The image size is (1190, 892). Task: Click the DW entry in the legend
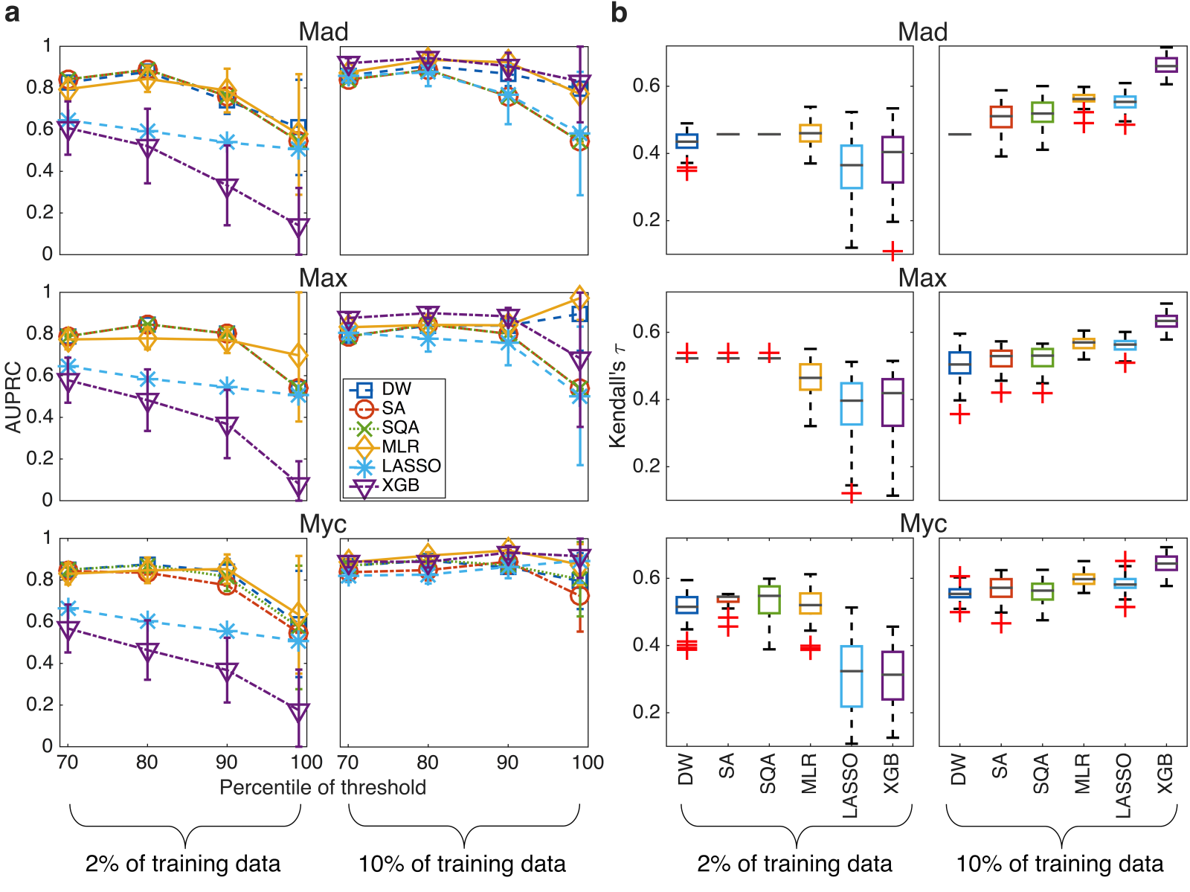(x=396, y=389)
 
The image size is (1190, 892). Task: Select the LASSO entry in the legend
(x=411, y=466)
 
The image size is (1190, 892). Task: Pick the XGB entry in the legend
(x=400, y=486)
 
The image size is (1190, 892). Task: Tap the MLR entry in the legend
(x=400, y=446)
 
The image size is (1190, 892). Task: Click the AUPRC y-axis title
(x=13, y=397)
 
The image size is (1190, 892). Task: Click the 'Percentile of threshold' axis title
(x=323, y=788)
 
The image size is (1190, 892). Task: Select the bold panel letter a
(x=12, y=13)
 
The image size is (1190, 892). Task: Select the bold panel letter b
(x=619, y=13)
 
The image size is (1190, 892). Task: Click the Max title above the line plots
(x=323, y=278)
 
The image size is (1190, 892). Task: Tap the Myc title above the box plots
(x=923, y=524)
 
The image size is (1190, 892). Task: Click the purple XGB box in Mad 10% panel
(x=1166, y=65)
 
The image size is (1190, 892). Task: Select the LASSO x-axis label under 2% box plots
(x=849, y=786)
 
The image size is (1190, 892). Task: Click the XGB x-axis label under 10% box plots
(x=1165, y=774)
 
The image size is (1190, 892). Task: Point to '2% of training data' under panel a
(x=183, y=864)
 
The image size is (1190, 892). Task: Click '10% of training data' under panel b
(x=1059, y=864)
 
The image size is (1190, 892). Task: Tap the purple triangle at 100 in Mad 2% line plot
(x=298, y=227)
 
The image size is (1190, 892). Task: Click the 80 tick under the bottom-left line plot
(x=147, y=763)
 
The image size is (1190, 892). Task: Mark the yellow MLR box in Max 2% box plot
(x=810, y=376)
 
